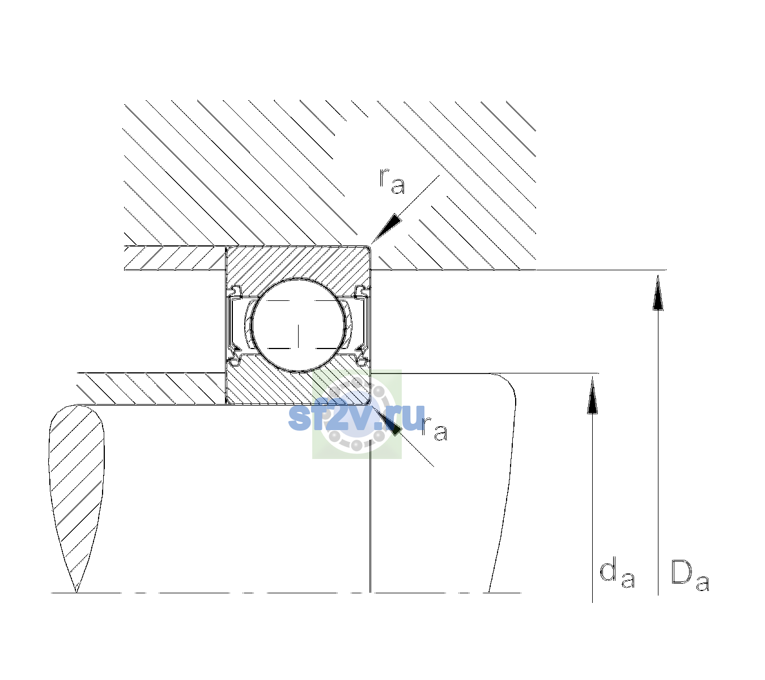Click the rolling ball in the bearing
pos(298,325)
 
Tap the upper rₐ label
pos(392,181)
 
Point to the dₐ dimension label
pos(618,573)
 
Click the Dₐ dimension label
pos(690,575)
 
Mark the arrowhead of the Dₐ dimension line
pos(658,292)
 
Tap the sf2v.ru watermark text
pos(356,418)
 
